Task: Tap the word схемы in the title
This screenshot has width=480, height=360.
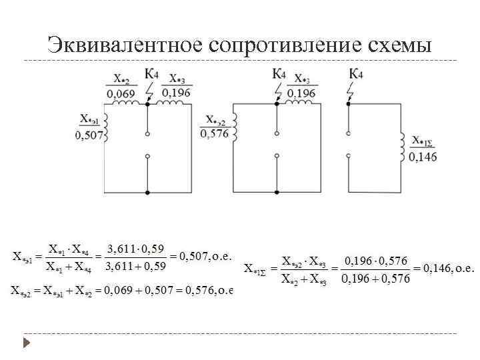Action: click(395, 45)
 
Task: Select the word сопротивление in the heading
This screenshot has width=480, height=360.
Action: click(285, 45)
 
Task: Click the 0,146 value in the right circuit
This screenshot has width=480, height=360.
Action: click(423, 157)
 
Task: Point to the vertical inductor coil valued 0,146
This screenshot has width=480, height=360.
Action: click(403, 147)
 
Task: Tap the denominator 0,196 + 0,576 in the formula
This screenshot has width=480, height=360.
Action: click(375, 278)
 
